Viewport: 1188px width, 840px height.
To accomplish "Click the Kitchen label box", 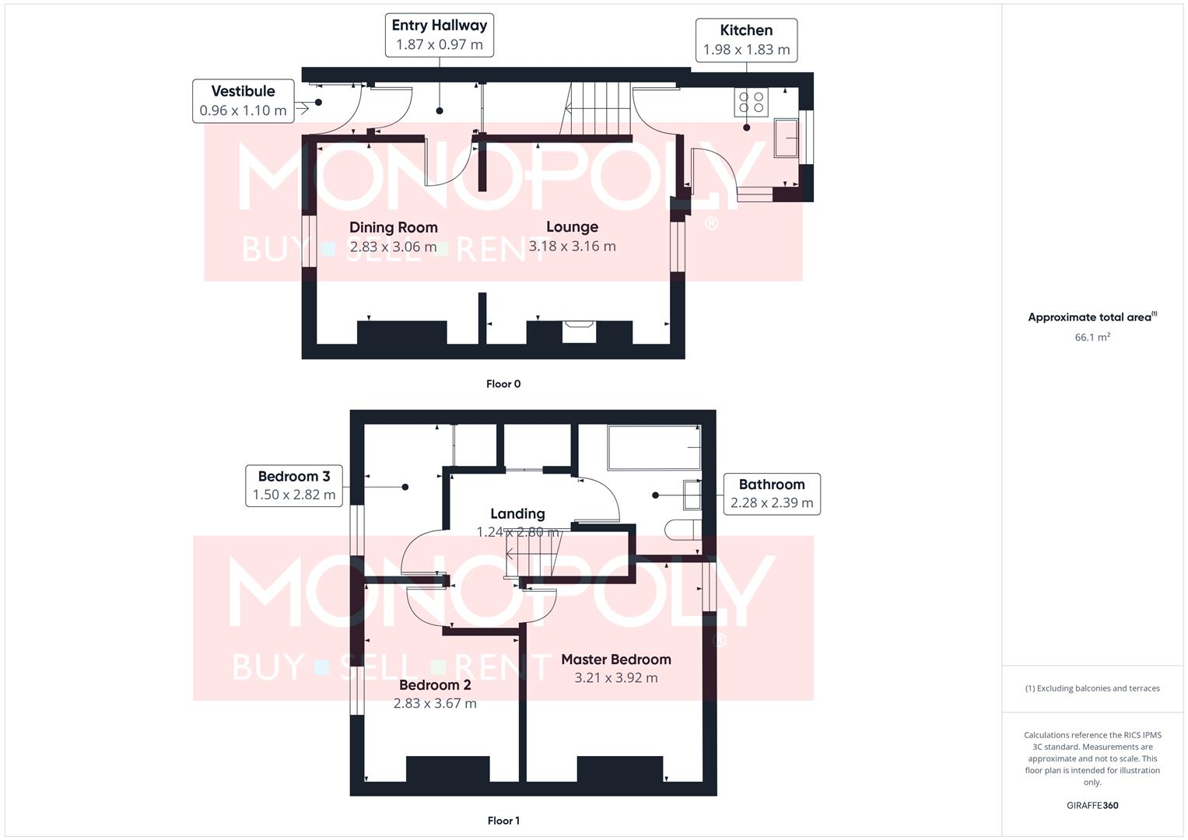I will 746,40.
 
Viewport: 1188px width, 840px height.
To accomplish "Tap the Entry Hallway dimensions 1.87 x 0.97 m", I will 440,45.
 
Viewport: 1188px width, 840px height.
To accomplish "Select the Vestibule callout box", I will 244,101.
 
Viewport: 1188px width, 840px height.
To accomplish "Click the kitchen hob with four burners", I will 751,103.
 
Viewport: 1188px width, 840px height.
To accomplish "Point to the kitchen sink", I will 786,138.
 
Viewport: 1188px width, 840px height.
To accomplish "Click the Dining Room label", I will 393,227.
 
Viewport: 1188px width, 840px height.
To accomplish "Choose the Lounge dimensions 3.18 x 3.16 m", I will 572,247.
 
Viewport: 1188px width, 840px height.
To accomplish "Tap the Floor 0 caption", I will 503,383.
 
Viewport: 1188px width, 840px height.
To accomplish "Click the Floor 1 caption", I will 503,821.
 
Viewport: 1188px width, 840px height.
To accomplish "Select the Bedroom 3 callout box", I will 294,485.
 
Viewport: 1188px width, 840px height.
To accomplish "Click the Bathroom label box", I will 772,494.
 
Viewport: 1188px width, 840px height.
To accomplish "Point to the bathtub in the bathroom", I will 654,447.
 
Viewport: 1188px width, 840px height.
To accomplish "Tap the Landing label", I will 517,513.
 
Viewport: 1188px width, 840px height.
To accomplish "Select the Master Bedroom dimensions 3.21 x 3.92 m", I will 616,678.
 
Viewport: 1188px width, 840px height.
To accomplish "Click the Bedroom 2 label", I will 435,684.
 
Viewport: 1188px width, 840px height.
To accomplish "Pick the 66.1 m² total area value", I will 1092,338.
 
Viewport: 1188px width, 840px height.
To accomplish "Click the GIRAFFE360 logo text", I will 1092,806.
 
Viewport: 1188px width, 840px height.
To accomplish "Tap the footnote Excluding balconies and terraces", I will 1092,688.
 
